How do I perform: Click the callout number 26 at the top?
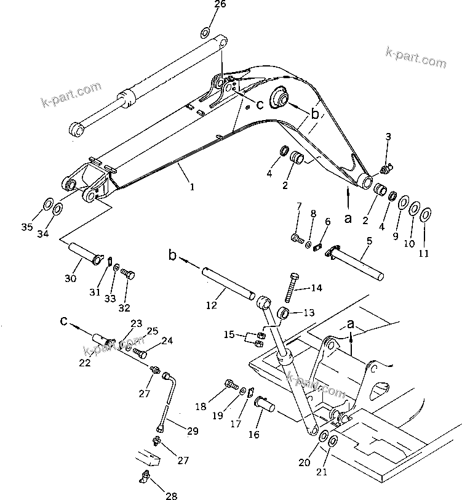202,4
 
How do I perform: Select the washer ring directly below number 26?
205,32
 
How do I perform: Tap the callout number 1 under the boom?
192,187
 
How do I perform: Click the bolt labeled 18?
231,385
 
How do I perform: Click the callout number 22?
84,362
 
